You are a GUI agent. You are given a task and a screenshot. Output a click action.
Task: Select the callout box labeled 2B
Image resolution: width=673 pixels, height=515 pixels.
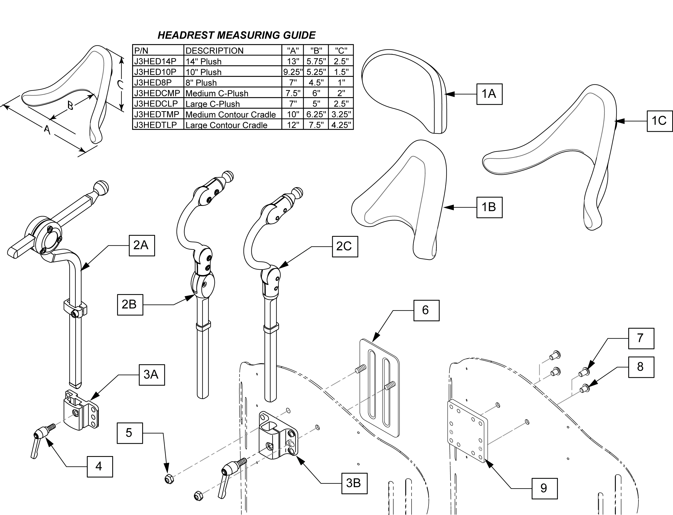tap(130, 304)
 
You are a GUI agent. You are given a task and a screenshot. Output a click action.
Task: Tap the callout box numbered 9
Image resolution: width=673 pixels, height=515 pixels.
tap(544, 488)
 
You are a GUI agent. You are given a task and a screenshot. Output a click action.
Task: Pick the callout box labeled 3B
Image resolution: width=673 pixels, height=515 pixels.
tap(354, 483)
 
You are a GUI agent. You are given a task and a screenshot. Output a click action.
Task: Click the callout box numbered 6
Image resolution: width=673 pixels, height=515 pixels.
tap(426, 310)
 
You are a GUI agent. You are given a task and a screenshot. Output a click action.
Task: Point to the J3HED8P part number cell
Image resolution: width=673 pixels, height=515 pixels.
tap(158, 82)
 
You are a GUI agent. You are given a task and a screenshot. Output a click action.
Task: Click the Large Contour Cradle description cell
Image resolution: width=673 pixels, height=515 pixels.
tap(232, 125)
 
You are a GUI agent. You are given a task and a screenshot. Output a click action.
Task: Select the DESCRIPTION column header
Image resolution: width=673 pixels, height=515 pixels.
tap(232, 50)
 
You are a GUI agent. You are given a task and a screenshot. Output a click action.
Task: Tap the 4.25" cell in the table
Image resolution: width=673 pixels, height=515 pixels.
tap(341, 125)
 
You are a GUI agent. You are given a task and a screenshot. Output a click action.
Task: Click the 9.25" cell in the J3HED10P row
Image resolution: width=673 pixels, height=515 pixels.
tap(293, 72)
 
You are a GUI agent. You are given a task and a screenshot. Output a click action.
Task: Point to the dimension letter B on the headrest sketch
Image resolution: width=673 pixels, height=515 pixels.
tap(70, 106)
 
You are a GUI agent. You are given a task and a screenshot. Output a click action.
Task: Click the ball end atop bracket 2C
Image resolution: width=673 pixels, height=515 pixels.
tap(297, 193)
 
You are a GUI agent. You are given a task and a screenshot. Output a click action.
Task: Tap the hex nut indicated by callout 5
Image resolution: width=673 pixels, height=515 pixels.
tap(169, 478)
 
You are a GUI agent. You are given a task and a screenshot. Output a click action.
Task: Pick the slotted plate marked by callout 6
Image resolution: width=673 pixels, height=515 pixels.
tap(380, 388)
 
